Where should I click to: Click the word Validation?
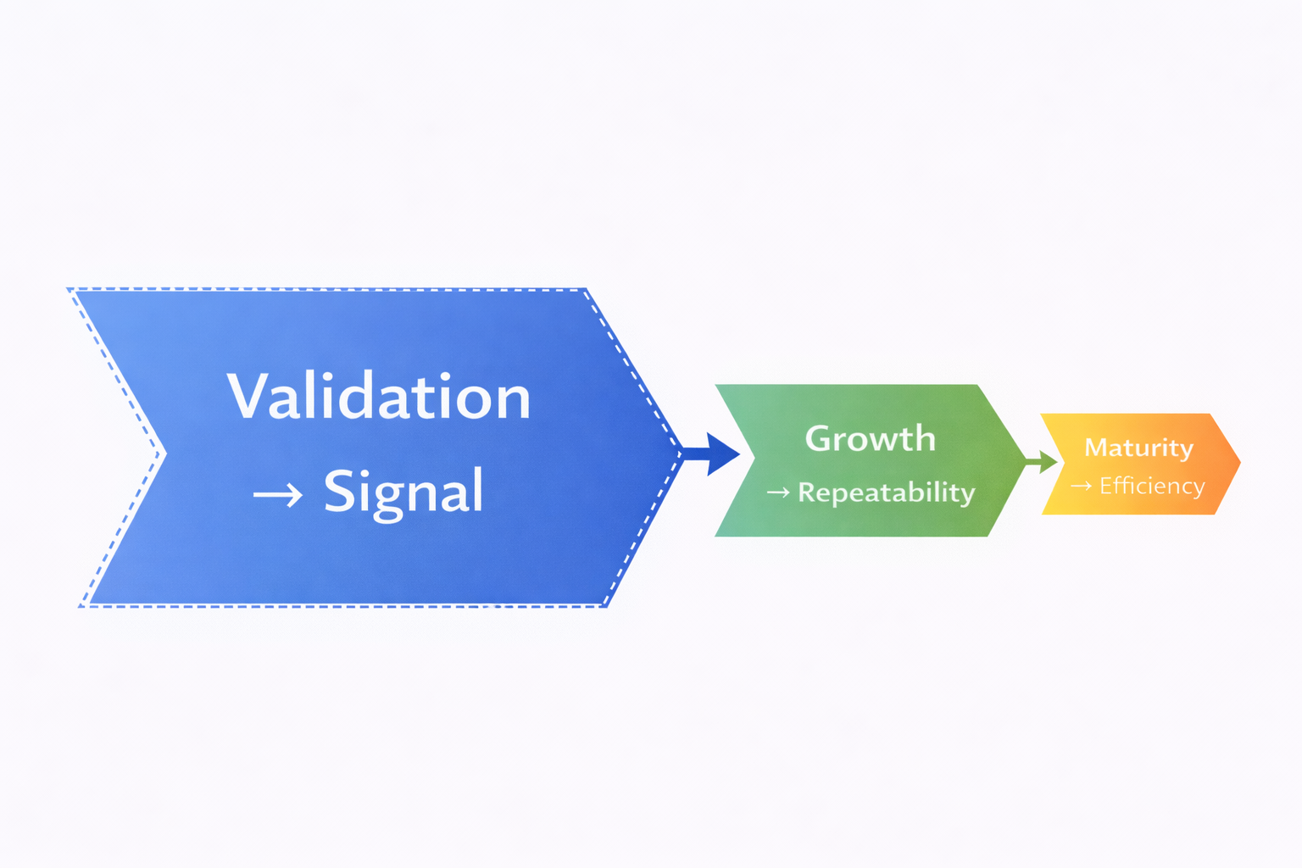point(379,397)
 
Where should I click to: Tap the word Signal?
point(403,492)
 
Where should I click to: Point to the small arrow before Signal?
point(278,494)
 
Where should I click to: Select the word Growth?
point(870,439)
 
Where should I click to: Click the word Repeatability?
point(887,492)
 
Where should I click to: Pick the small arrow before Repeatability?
point(778,492)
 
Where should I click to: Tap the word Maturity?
point(1138,448)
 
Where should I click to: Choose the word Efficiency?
point(1152,486)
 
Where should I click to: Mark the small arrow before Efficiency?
point(1081,486)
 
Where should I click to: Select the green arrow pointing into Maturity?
point(1043,462)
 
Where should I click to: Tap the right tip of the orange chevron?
point(1239,463)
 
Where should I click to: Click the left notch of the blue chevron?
point(163,453)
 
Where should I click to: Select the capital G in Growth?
point(820,439)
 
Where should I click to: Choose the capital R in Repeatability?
point(808,492)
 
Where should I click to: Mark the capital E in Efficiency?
point(1106,486)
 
